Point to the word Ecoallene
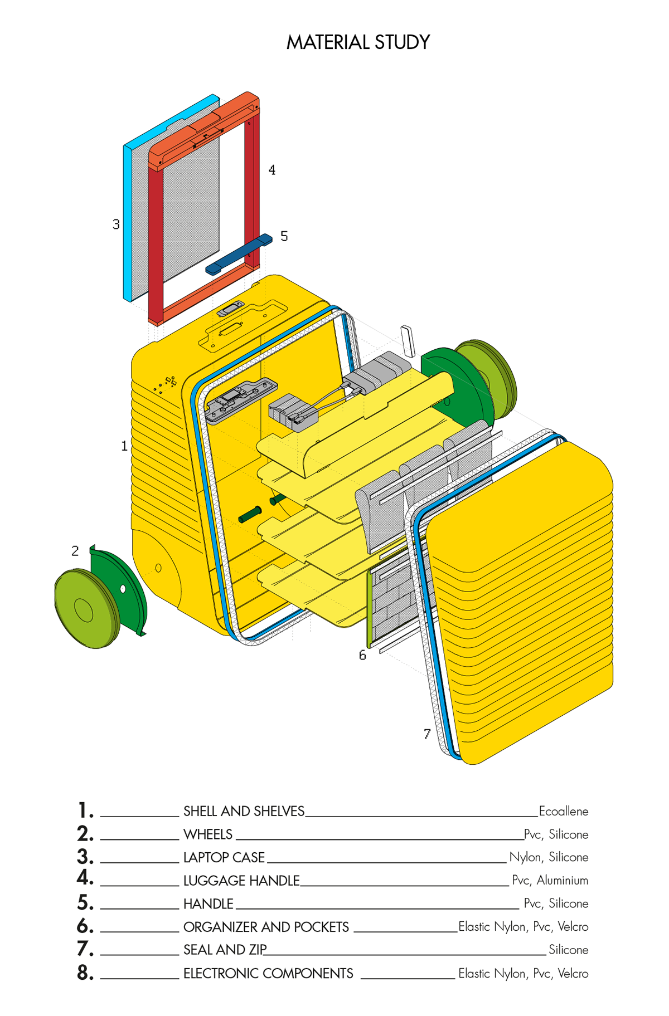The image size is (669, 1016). (563, 811)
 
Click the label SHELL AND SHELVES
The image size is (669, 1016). (244, 811)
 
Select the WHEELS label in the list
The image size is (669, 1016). (208, 834)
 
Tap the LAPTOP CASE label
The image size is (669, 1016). (224, 857)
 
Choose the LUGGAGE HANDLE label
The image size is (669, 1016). (241, 880)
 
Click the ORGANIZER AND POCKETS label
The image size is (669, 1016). (266, 926)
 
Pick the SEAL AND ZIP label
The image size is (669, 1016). (225, 949)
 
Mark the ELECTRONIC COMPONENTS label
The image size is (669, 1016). (268, 973)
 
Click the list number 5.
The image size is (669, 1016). (85, 902)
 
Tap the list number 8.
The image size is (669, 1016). (85, 973)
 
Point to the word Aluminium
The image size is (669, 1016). (562, 880)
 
